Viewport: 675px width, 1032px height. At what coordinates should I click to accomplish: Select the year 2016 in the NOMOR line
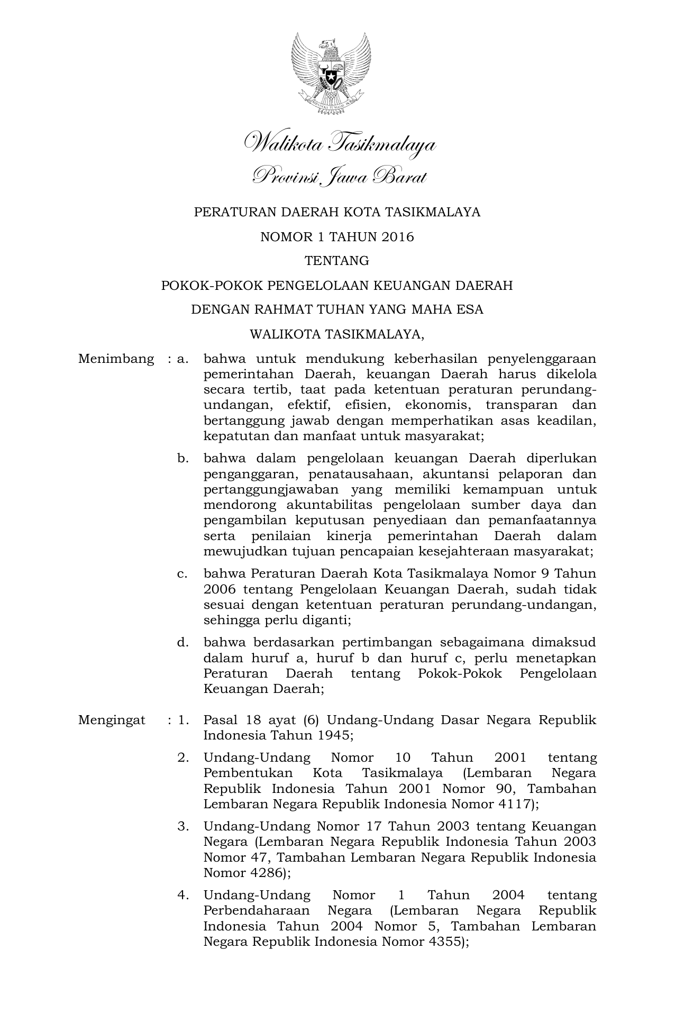pyautogui.click(x=397, y=237)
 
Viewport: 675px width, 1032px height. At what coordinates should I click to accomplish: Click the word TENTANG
pyautogui.click(x=337, y=261)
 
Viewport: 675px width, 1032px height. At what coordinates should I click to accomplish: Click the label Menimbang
pyautogui.click(x=116, y=359)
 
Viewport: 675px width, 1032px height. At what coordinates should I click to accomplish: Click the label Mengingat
pyautogui.click(x=112, y=720)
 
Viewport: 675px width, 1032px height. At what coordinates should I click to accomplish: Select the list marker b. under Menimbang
pyautogui.click(x=183, y=459)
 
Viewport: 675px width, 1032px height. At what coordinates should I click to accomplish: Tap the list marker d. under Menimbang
pyautogui.click(x=183, y=643)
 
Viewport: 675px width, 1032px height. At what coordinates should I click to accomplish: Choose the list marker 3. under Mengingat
pyautogui.click(x=183, y=826)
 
